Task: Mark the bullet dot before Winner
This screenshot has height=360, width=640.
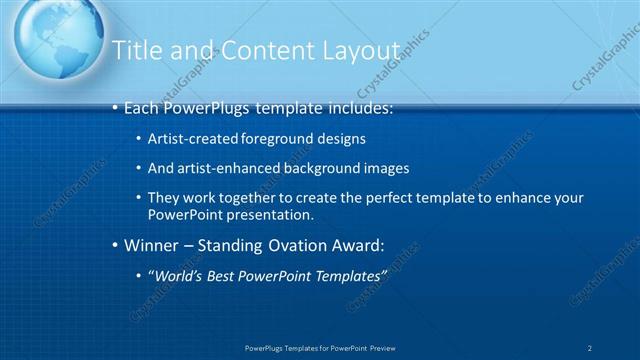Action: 115,245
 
